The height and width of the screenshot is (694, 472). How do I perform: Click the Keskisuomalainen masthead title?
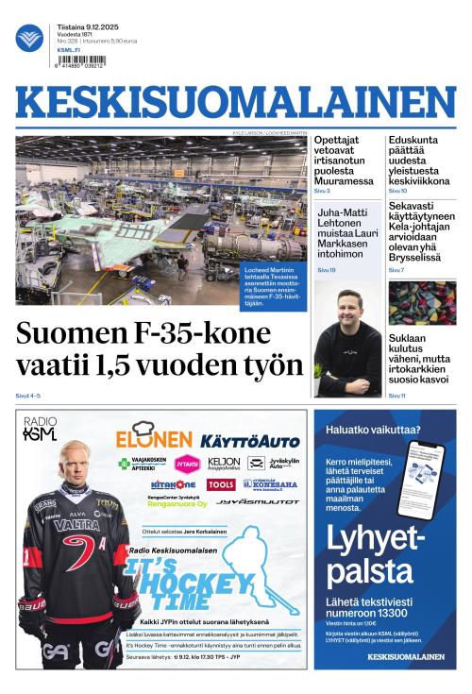click(235, 104)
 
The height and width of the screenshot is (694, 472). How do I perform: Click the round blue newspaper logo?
click(29, 39)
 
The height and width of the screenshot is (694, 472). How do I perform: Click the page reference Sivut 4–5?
click(28, 396)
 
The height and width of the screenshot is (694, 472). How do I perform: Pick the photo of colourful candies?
click(421, 303)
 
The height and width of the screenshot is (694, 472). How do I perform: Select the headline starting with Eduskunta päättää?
click(418, 161)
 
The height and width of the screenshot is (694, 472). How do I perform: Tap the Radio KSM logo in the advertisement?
click(40, 430)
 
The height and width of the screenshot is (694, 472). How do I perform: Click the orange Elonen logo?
click(154, 438)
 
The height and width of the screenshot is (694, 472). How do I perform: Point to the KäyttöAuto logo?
click(250, 441)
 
